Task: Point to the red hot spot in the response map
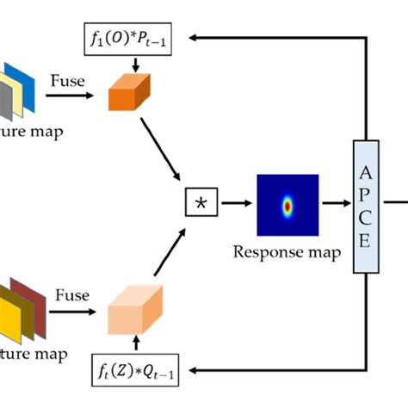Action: [287, 206]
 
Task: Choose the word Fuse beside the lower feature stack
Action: [72, 295]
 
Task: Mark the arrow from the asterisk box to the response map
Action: [236, 205]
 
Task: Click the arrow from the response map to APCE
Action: [337, 205]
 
